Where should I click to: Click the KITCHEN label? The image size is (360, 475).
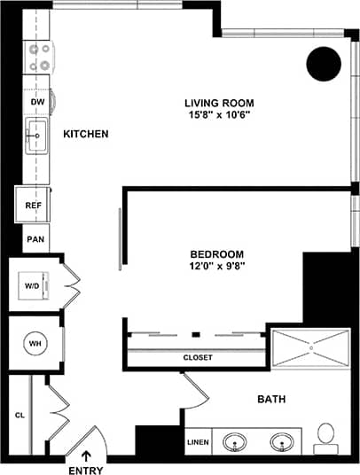[x=86, y=135]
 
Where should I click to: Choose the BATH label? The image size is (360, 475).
[x=270, y=400]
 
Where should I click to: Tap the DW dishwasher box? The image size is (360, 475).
[x=38, y=103]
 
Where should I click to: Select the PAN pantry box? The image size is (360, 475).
[x=35, y=239]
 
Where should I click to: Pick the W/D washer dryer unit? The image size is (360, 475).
[x=31, y=286]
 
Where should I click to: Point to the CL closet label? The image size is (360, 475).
[x=19, y=414]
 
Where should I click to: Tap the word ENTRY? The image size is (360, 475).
[x=86, y=471]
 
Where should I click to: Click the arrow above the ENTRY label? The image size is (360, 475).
[x=86, y=456]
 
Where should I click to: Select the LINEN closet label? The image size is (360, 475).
[x=198, y=440]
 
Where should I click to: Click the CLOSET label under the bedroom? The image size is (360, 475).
[x=197, y=358]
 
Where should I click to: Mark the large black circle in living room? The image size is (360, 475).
[x=324, y=64]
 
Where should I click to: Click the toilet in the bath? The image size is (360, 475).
[x=326, y=435]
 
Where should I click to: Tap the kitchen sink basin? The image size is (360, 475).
[x=36, y=138]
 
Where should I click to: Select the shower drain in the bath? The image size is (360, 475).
[x=311, y=348]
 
